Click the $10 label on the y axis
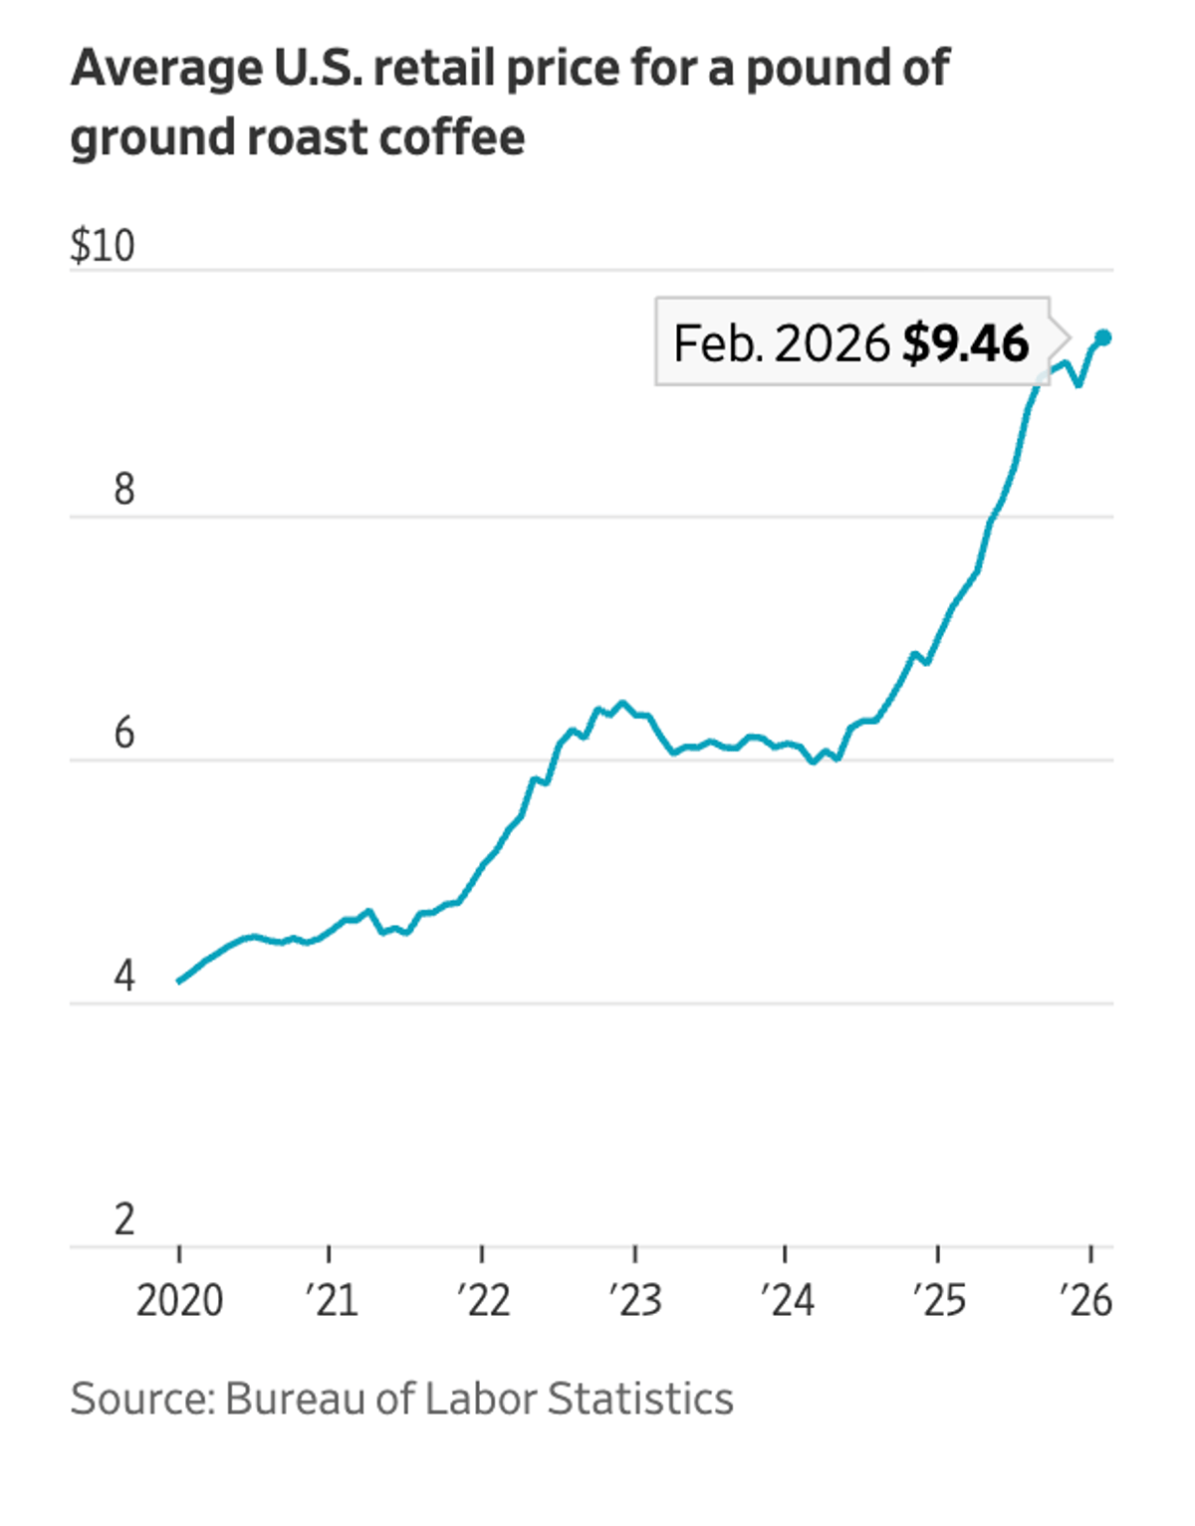click(102, 246)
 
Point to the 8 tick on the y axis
click(123, 490)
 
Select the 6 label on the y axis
click(123, 734)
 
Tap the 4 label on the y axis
click(123, 977)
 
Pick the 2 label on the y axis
click(123, 1219)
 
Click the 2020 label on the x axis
click(179, 1301)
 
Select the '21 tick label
click(331, 1301)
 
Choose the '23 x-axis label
click(635, 1301)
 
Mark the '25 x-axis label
click(939, 1301)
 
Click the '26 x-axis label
click(1085, 1301)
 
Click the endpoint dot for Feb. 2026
click(1102, 337)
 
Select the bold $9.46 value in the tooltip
click(965, 343)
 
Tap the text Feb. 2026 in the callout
click(781, 343)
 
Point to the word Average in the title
click(166, 69)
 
